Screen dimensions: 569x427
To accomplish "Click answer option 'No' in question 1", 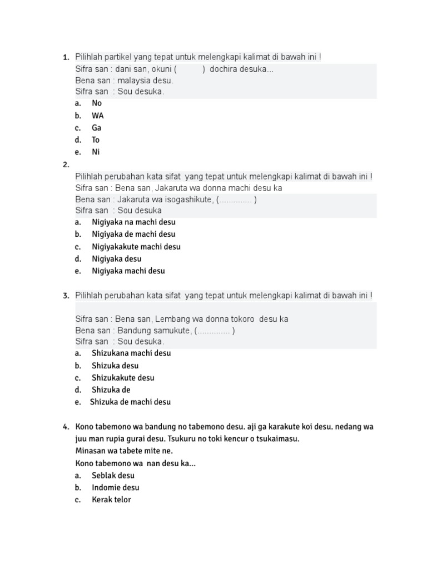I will [x=97, y=103].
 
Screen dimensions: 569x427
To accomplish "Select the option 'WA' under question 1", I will [x=98, y=116].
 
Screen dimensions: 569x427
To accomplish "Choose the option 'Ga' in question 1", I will [x=97, y=128].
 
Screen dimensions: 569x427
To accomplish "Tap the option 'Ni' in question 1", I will [x=96, y=152].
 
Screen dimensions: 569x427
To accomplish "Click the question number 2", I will [x=66, y=164].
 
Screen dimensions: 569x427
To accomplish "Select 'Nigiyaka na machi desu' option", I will [x=133, y=222].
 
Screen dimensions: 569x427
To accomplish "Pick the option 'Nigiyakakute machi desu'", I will [x=136, y=247].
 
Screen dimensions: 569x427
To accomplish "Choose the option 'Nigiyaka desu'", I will [x=117, y=259].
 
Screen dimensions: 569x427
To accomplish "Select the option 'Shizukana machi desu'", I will [x=131, y=353].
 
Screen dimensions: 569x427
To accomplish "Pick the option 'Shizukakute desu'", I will [x=123, y=378].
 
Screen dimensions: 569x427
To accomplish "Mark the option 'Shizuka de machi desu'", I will [x=130, y=402].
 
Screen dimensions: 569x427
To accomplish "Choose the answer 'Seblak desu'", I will [x=113, y=475].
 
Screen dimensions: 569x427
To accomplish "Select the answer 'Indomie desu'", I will [x=116, y=487].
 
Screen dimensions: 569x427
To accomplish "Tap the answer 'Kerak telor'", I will [x=111, y=500].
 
